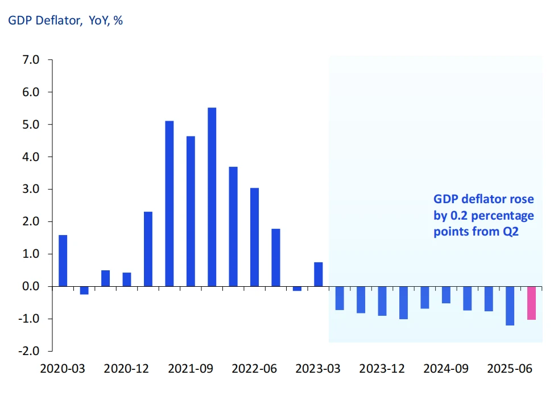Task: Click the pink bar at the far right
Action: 531,303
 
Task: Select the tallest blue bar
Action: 212,197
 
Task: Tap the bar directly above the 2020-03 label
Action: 63,261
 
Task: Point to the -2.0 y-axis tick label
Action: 30,351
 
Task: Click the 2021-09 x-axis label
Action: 190,368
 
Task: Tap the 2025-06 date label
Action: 510,368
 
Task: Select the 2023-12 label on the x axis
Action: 382,368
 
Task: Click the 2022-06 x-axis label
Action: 254,368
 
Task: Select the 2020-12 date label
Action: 126,368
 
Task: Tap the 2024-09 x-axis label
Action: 446,368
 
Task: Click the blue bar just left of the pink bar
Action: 510,306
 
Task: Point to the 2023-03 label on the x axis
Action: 318,368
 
